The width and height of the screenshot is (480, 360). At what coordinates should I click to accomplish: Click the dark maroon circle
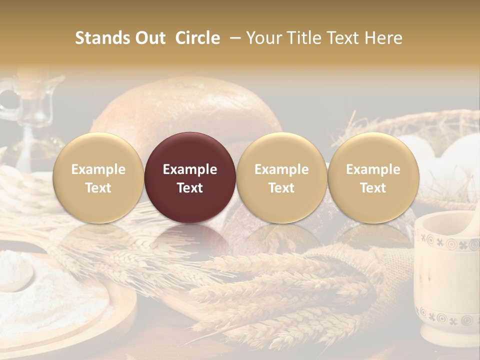coord(190,178)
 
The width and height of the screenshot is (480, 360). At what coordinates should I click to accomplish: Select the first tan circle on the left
coord(98,178)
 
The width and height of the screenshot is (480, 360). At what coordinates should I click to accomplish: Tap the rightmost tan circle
coord(373,178)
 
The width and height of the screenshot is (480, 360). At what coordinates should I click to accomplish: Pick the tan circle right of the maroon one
coord(281,178)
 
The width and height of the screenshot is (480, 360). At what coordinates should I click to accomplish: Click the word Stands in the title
coord(102,38)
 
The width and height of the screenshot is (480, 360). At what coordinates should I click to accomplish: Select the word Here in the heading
coord(383,38)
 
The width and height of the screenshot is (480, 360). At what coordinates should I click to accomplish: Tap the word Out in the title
coord(150,38)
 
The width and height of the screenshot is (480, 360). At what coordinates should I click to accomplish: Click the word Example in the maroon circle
coord(190,169)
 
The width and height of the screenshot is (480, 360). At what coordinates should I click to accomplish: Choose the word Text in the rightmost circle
coord(373,188)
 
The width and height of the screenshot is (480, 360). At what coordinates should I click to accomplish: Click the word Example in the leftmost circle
coord(98,169)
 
